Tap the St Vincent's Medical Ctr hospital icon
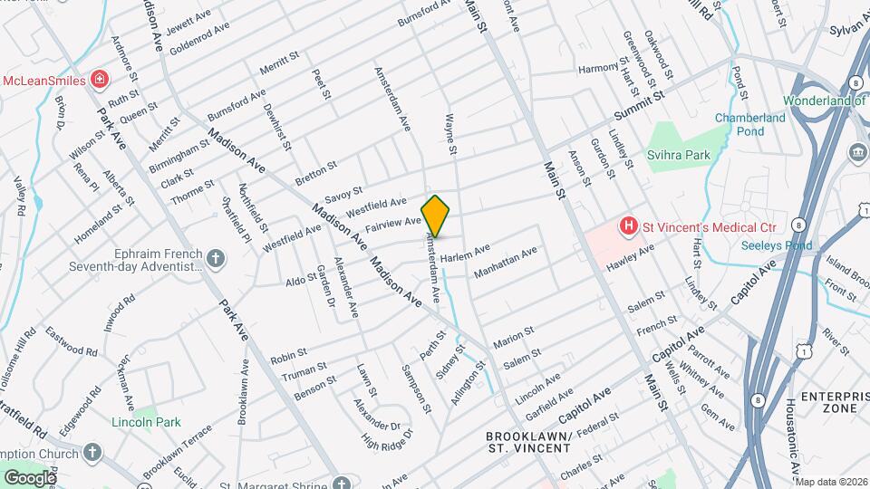pyautogui.click(x=626, y=225)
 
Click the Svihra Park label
pyautogui.click(x=685, y=155)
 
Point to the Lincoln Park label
pyautogui.click(x=147, y=422)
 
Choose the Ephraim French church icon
pyautogui.click(x=215, y=259)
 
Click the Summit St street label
pyautogui.click(x=639, y=105)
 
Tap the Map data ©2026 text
pyautogui.click(x=831, y=481)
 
